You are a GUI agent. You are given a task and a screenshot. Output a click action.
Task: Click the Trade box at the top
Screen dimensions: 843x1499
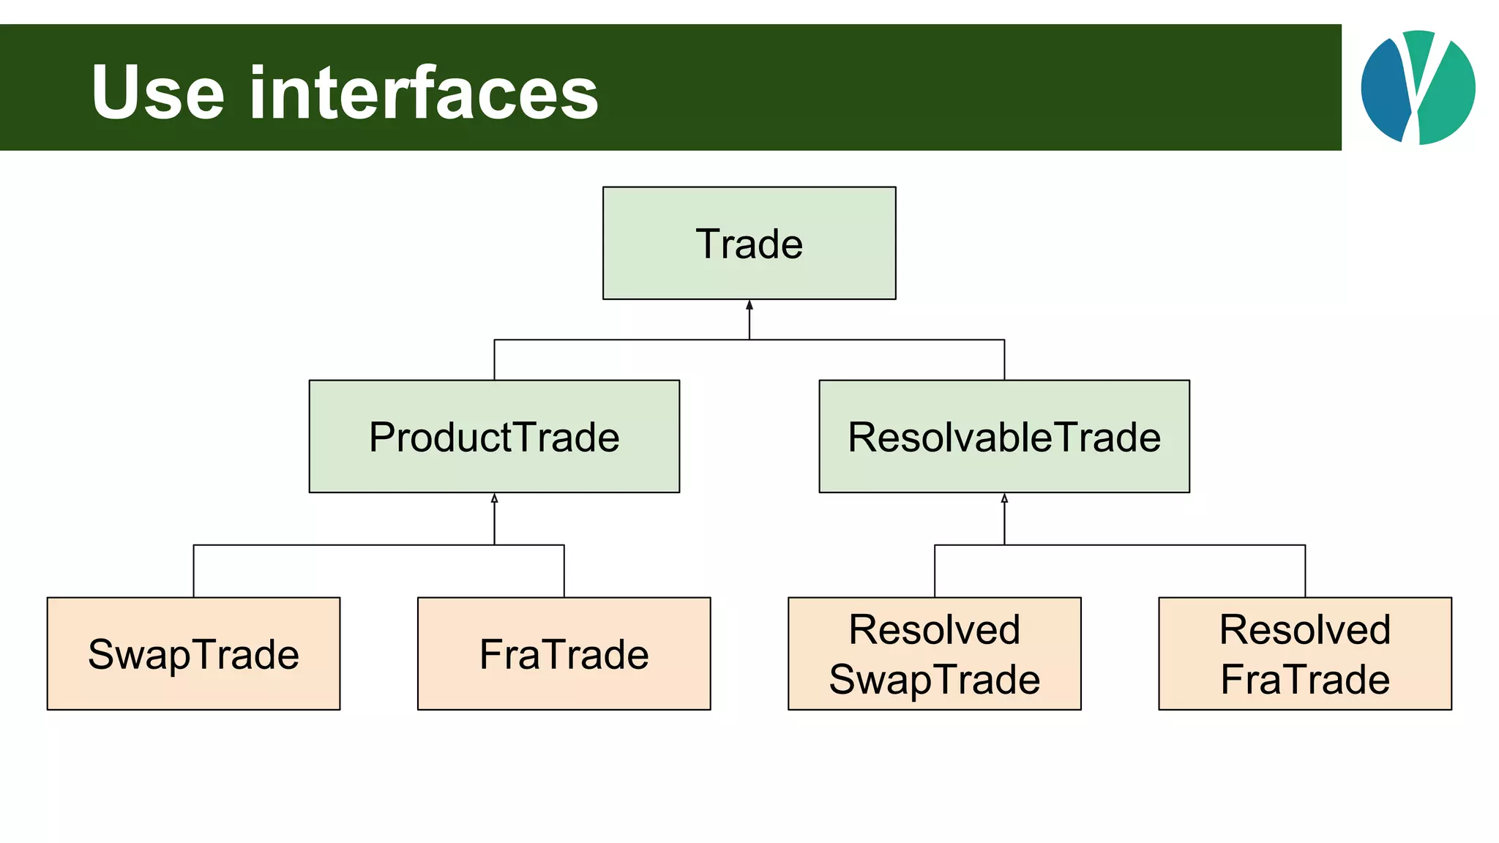749,243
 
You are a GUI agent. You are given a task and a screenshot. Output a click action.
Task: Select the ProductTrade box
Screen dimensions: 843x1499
494,436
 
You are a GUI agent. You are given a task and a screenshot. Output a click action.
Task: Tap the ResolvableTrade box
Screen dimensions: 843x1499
1003,436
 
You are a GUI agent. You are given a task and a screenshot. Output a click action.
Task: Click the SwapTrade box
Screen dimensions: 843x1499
193,653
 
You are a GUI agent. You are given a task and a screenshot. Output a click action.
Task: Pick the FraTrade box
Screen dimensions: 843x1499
564,653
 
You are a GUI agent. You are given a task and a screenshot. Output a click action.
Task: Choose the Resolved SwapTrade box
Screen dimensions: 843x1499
934,653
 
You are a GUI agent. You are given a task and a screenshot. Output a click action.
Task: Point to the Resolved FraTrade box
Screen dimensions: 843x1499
1304,653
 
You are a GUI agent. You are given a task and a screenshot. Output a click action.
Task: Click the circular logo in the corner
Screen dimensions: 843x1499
1418,87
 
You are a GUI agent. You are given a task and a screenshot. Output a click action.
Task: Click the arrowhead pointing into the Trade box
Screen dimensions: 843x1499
749,305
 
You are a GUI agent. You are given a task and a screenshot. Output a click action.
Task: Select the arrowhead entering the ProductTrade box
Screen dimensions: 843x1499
494,498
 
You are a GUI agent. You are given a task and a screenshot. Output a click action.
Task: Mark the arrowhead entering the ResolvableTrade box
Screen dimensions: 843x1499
1004,498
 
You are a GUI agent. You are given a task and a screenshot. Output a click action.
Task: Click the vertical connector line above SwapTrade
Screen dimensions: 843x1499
194,572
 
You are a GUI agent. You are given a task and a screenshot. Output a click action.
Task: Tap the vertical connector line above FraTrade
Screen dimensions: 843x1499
564,572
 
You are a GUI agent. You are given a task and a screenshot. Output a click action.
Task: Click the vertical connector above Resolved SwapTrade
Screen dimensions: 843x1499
935,572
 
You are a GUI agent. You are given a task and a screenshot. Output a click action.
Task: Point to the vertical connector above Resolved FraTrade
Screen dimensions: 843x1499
1305,572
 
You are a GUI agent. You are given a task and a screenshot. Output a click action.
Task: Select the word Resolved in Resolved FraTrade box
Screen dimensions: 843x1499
1304,629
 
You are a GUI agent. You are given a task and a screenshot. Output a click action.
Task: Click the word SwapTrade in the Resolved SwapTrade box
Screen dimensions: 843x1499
934,679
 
